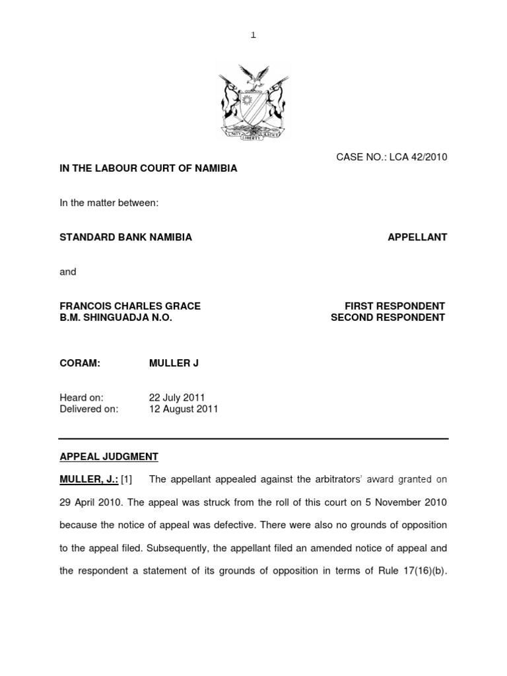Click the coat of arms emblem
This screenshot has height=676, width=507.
pos(253,102)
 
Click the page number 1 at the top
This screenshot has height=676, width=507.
pos(253,35)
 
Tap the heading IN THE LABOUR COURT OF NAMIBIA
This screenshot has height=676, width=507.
pos(149,168)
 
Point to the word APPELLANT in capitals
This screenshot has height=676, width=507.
pos(417,238)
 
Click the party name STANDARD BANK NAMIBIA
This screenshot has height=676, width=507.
pos(126,238)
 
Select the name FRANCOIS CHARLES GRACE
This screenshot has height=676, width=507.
pos(130,306)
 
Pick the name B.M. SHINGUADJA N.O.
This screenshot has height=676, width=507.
pos(116,318)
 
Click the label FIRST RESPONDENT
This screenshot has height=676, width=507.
pos(395,306)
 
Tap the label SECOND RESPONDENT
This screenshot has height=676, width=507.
pos(388,318)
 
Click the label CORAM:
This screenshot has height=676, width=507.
pos(80,363)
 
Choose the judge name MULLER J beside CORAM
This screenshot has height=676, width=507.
pos(174,363)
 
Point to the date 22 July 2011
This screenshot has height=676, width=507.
pos(177,398)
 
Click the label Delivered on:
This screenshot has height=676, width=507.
pos(89,409)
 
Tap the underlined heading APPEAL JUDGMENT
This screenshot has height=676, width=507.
pos(109,457)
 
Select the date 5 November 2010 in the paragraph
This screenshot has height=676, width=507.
pos(406,502)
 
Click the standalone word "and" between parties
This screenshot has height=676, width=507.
pos(68,272)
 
